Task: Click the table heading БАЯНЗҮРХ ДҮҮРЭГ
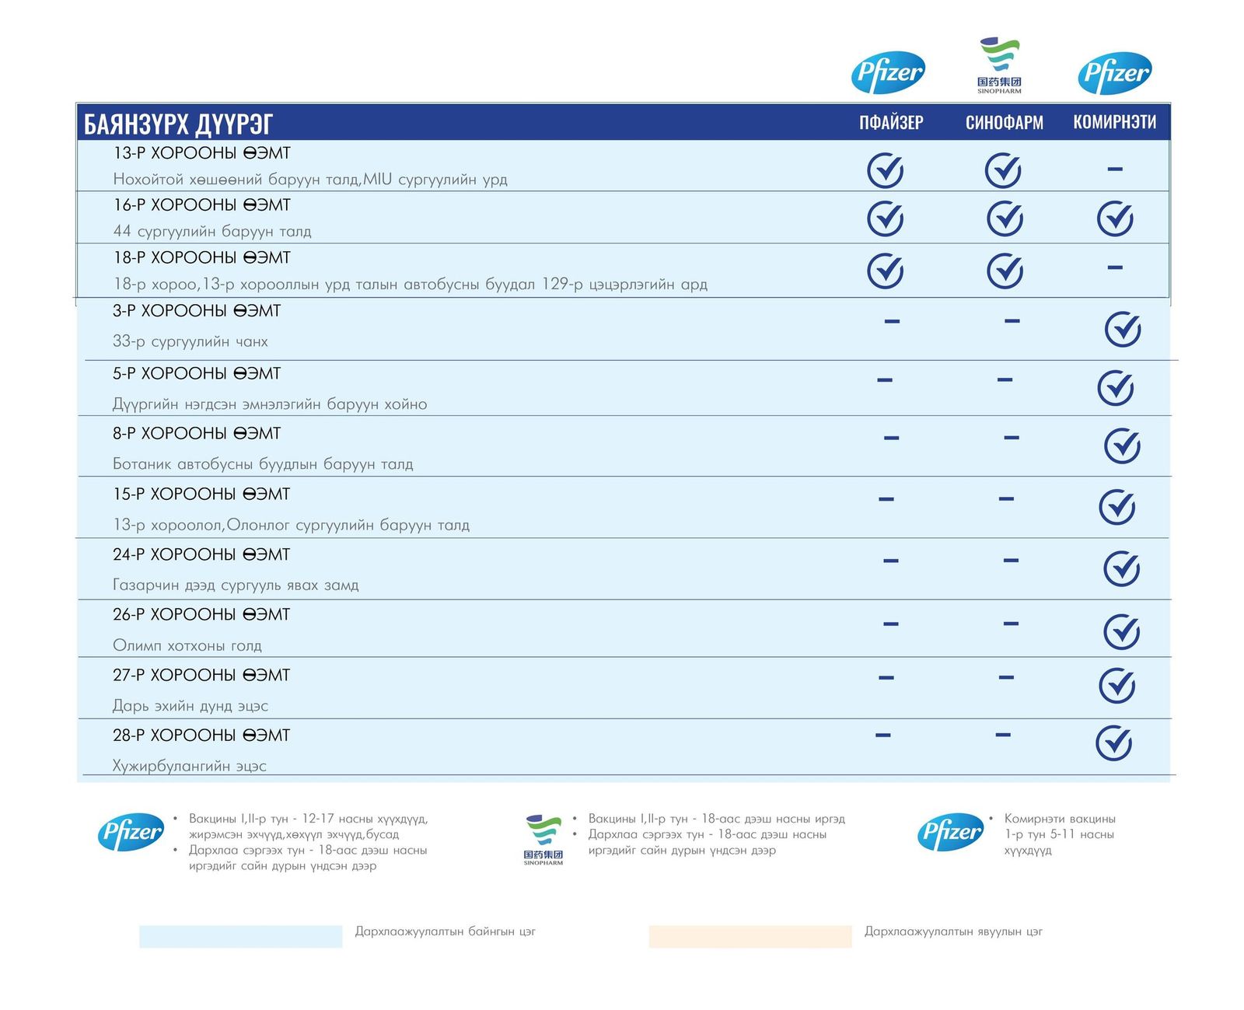[x=178, y=124]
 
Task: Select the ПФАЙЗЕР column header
[x=891, y=123]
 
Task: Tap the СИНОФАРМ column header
[x=1004, y=123]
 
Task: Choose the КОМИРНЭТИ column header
[x=1114, y=122]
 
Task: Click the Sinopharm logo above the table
[x=999, y=65]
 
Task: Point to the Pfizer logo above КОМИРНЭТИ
[x=1114, y=73]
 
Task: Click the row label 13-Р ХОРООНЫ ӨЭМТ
[x=201, y=153]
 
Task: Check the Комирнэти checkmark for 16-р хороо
[x=1115, y=218]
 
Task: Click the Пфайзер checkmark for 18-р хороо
[x=885, y=271]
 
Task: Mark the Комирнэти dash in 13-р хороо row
[x=1115, y=169]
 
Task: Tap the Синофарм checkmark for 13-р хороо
[x=1003, y=170]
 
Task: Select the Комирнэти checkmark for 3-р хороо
[x=1123, y=329]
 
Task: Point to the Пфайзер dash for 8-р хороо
[x=891, y=438]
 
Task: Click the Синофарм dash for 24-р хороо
[x=1011, y=560]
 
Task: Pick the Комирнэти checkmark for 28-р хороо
[x=1113, y=743]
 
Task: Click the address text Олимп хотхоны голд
[x=187, y=645]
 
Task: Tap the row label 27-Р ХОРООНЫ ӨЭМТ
[x=201, y=675]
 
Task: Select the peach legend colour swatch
[x=750, y=936]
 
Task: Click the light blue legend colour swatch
[x=240, y=936]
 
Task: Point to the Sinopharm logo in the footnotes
[x=543, y=840]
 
